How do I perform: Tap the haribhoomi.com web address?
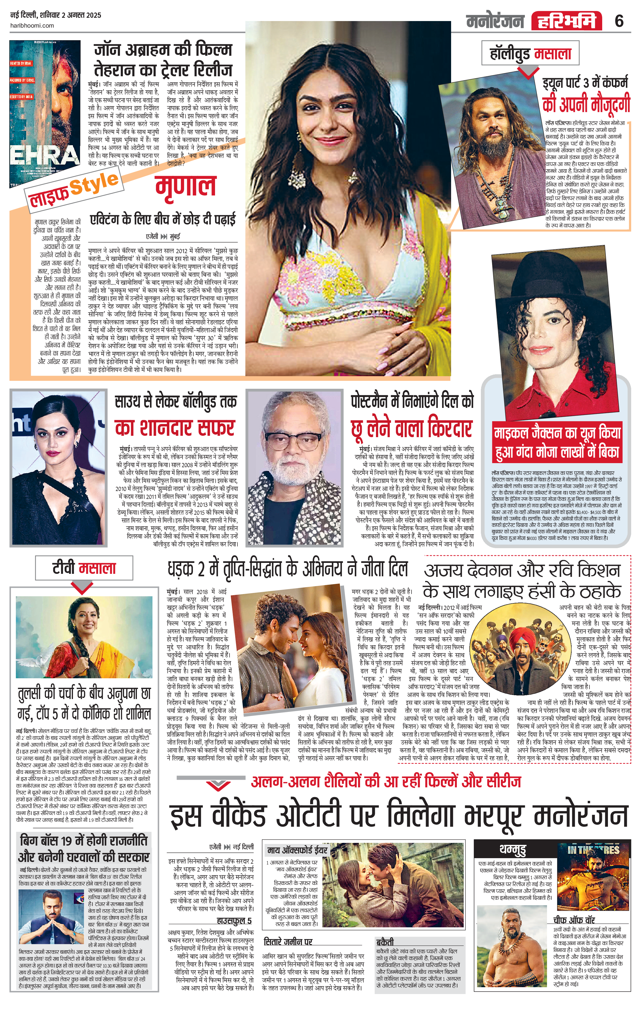tap(32, 25)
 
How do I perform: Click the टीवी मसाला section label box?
tap(84, 568)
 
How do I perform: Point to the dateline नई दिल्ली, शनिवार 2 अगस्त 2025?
tap(56, 15)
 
